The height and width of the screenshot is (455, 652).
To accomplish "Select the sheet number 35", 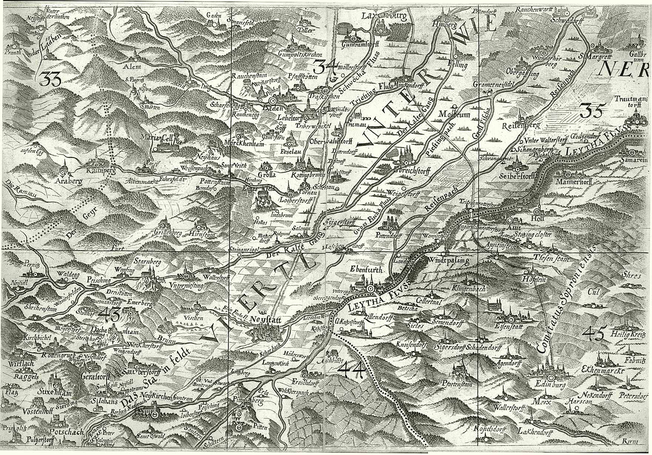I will pos(592,110).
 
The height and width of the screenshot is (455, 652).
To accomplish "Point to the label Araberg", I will pos(67,182).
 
